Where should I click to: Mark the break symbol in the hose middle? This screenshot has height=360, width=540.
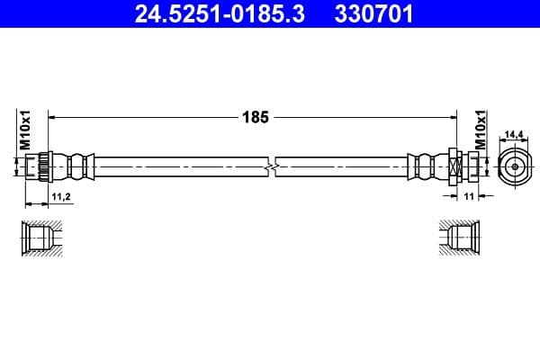tap(271, 166)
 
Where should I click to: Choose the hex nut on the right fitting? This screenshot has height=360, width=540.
tap(454, 166)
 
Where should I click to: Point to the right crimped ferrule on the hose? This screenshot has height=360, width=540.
tap(424, 166)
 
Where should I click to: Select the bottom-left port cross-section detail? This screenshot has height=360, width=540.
tap(40, 238)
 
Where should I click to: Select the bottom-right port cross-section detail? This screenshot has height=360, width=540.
tap(459, 238)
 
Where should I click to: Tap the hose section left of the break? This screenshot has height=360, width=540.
tap(180, 166)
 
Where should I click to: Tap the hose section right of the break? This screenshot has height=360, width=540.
tap(342, 166)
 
